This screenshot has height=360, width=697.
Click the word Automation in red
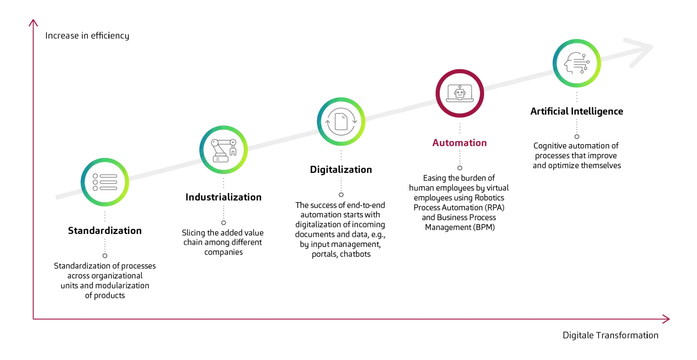(x=460, y=143)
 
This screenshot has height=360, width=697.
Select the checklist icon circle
(x=105, y=182)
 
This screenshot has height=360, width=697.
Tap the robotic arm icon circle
(x=224, y=150)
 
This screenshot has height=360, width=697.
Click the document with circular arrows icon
(x=341, y=122)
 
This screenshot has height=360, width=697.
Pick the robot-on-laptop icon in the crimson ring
(x=460, y=93)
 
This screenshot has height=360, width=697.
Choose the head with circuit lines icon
(x=576, y=63)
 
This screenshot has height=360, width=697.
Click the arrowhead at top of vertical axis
(x=33, y=23)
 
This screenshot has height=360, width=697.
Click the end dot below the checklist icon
(x=105, y=256)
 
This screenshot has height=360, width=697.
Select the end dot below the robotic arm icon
(x=224, y=223)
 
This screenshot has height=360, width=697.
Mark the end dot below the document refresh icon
(x=341, y=195)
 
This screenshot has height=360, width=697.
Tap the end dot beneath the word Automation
(x=460, y=168)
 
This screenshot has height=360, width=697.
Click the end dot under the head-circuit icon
(x=576, y=137)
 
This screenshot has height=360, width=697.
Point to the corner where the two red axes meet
(x=33, y=319)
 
